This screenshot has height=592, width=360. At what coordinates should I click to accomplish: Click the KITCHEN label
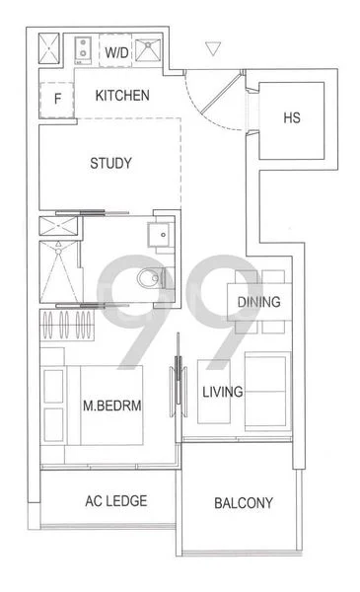122,96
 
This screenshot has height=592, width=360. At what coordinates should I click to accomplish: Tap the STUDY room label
109,163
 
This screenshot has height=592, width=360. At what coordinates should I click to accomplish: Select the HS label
291,118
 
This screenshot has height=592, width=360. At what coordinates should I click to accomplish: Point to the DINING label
259,303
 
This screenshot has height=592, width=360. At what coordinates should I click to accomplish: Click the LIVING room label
222,393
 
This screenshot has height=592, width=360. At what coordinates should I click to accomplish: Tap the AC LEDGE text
109,501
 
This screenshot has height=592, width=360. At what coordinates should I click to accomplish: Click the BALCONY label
244,503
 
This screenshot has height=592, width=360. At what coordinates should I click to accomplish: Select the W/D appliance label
116,49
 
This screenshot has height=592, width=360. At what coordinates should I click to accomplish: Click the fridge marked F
58,98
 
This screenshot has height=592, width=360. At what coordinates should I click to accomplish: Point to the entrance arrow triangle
213,47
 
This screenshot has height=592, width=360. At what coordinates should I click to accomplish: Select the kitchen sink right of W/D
149,48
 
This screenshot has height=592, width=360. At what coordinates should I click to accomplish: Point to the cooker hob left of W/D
83,47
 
